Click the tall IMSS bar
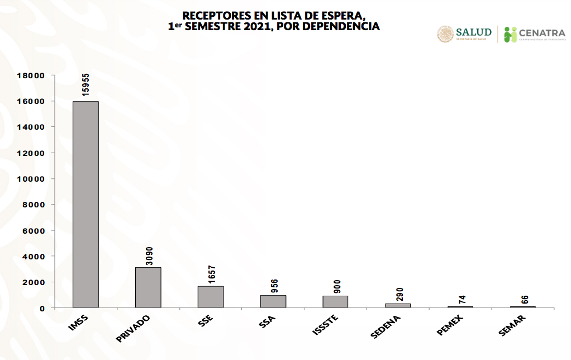click(85, 204)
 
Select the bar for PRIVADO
click(148, 287)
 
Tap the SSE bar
click(211, 297)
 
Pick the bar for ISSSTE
click(335, 301)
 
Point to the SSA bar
click(273, 301)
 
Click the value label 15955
click(85, 86)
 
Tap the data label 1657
click(211, 274)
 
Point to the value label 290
click(398, 295)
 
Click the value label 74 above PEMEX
click(461, 299)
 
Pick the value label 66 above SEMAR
click(524, 299)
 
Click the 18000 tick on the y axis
click(31, 75)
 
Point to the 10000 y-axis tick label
click(31, 179)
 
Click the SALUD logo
click(464, 34)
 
